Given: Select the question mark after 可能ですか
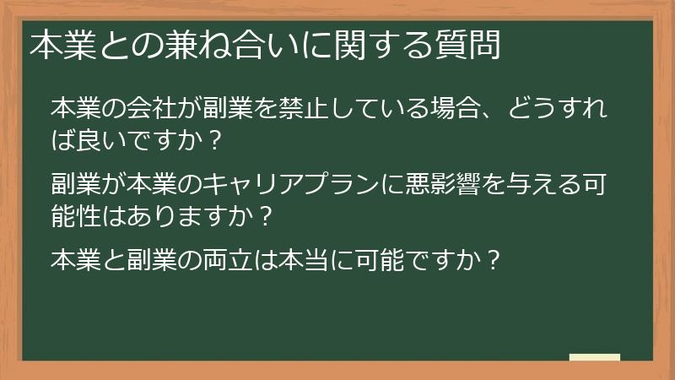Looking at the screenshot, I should pos(495,258).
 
